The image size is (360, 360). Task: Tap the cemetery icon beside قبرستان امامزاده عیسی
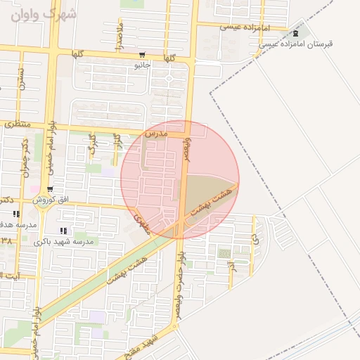(x=296, y=33)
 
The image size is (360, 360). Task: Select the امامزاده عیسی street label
(x=241, y=27)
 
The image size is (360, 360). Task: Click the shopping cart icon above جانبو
(x=142, y=55)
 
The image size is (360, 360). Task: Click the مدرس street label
(x=155, y=133)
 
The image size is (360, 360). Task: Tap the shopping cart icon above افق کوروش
(x=50, y=190)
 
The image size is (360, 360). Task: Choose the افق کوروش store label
(x=54, y=200)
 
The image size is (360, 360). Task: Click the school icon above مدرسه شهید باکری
(x=63, y=231)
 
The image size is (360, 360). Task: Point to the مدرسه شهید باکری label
(x=69, y=241)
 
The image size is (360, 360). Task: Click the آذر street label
(x=231, y=267)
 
